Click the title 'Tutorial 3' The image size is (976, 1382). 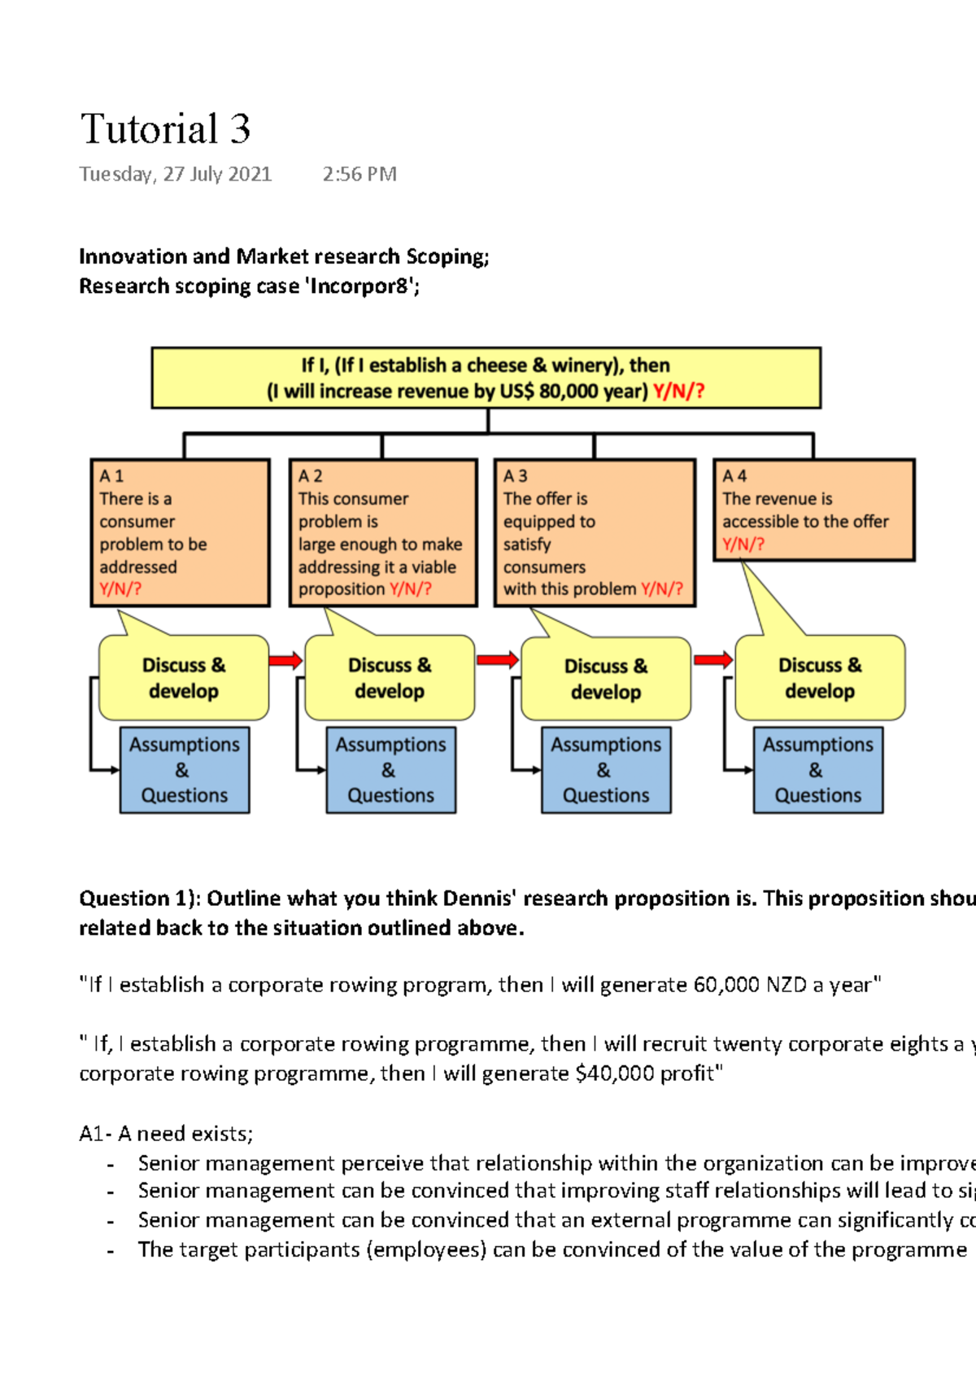[165, 129]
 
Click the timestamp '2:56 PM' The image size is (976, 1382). [359, 174]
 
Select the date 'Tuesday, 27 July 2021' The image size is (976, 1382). [175, 174]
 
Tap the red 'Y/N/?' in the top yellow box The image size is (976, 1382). [678, 391]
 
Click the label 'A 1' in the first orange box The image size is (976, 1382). [111, 476]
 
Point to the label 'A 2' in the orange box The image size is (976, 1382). [310, 476]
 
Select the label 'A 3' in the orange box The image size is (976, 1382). [515, 476]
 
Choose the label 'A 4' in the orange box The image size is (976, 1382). [734, 476]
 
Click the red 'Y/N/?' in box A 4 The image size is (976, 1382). [743, 544]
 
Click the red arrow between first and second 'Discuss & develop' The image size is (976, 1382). [285, 660]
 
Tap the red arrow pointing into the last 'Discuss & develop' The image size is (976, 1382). [712, 659]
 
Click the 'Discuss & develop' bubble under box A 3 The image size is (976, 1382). [606, 679]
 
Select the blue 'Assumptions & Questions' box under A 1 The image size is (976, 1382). [185, 770]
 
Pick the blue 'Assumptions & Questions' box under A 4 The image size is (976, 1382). [817, 770]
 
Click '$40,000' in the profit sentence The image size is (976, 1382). [614, 1074]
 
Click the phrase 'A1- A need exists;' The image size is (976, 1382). [166, 1134]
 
